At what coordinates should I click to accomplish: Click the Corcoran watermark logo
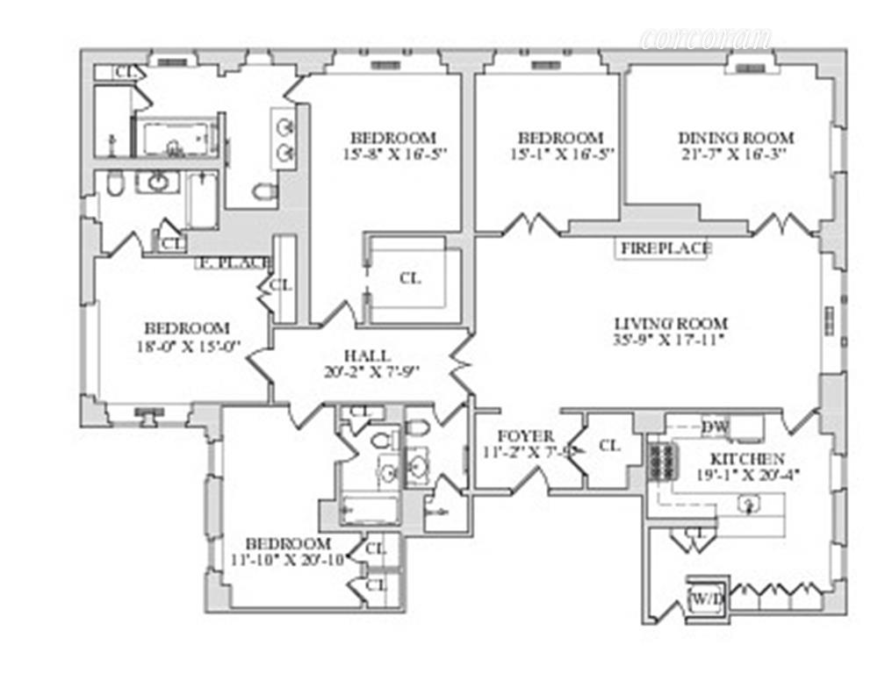pos(706,39)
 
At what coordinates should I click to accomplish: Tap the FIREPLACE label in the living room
pos(666,248)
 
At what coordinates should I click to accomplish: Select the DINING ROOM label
pos(736,138)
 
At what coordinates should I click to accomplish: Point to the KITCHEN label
pos(747,459)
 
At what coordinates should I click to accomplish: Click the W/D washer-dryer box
pos(706,600)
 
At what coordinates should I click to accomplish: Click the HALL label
pos(362,355)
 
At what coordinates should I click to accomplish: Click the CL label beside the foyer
pos(609,446)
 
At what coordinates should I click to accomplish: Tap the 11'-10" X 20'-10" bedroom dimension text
pos(288,559)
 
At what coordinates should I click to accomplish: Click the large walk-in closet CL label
pos(410,278)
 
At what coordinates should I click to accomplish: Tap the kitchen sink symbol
pos(749,505)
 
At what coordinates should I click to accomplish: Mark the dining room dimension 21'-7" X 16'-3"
pos(736,154)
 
